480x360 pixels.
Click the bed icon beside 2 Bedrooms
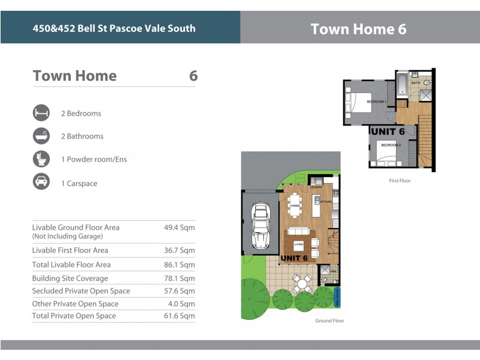click(41, 113)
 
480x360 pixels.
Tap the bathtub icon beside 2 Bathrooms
click(41, 136)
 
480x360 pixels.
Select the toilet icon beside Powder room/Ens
click(41, 159)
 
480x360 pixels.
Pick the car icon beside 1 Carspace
click(41, 182)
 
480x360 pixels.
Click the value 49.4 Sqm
click(179, 228)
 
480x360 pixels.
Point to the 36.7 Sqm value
click(179, 250)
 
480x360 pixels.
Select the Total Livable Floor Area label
click(71, 265)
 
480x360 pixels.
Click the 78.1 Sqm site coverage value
click(179, 278)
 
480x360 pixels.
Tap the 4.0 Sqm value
click(181, 304)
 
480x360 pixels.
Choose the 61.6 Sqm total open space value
click(179, 316)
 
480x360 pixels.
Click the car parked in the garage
click(260, 226)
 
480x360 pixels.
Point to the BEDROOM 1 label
click(377, 102)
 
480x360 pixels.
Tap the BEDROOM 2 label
click(391, 145)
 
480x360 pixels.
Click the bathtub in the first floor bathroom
click(401, 84)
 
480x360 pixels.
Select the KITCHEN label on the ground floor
click(326, 202)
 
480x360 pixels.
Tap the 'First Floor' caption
click(400, 180)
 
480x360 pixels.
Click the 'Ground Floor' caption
click(329, 320)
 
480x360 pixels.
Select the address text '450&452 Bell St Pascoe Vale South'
click(114, 28)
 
